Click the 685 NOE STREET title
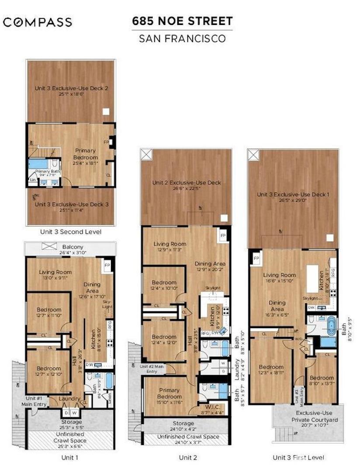point(182,21)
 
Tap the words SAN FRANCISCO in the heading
point(182,38)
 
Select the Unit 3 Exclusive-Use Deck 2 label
point(72,88)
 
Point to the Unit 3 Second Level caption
point(71,232)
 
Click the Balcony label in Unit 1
point(73,247)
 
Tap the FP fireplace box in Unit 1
point(107,265)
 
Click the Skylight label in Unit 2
point(213,288)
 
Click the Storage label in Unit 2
point(183,423)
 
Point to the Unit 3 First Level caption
point(298,458)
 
